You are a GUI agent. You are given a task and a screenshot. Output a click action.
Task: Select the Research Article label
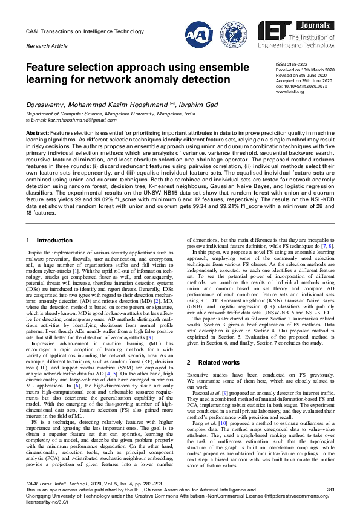pos(46,45)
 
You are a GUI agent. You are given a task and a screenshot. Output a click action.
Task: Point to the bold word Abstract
pos(38,132)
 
